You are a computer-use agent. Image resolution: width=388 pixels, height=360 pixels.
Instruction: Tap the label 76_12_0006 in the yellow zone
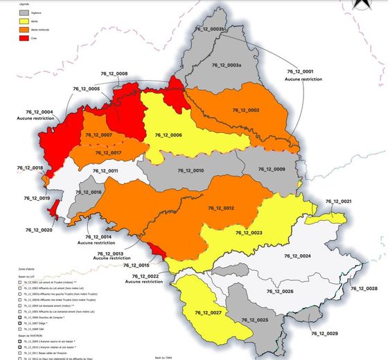click(168, 135)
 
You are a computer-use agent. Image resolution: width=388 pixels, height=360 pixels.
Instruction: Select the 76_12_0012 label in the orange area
click(221, 208)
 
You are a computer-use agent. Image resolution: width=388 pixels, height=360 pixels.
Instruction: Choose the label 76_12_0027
click(207, 314)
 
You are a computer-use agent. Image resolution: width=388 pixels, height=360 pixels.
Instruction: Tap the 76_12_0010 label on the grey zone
click(189, 170)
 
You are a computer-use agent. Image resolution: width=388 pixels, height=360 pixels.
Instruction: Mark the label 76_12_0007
click(98, 134)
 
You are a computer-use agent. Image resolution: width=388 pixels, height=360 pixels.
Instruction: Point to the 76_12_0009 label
click(271, 170)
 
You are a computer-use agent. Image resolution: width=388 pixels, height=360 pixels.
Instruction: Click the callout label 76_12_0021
click(337, 201)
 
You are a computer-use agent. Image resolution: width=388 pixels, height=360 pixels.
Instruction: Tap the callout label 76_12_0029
click(324, 334)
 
